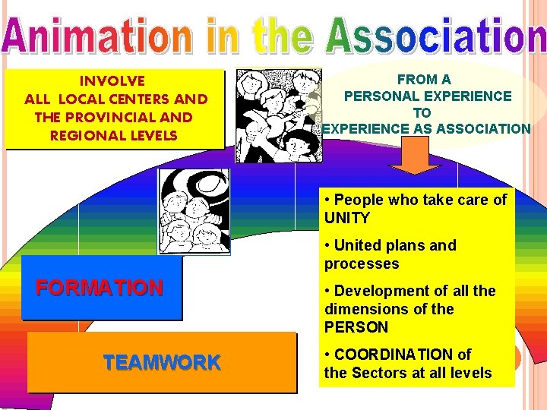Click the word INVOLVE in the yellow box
(112, 80)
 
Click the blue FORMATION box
(101, 289)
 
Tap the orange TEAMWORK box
(161, 363)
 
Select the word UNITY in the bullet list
(347, 219)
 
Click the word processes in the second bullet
(362, 264)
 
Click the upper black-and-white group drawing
(278, 115)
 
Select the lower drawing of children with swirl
(193, 211)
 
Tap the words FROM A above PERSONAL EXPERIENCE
(424, 79)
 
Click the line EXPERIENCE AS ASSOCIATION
(426, 128)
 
